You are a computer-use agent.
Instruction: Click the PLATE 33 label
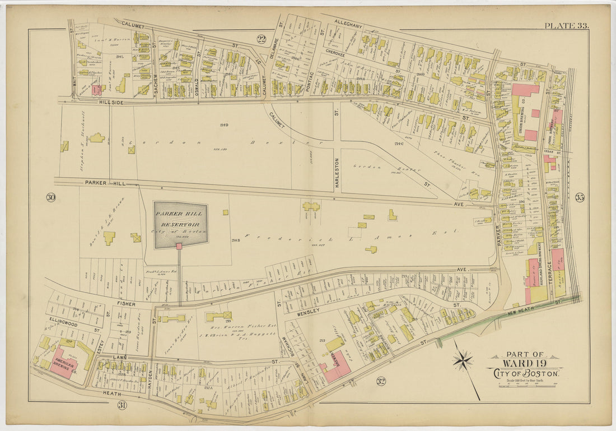click(566, 26)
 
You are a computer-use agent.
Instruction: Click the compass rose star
click(463, 360)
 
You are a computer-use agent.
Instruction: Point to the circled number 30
click(51, 197)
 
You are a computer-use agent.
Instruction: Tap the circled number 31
click(121, 405)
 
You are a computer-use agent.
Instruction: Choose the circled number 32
click(381, 382)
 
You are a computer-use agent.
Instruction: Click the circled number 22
click(262, 39)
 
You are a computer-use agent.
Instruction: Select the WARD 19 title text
click(524, 363)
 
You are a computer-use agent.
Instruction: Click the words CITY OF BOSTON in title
click(524, 373)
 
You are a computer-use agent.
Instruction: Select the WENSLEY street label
click(308, 310)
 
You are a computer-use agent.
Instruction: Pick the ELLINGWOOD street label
click(62, 323)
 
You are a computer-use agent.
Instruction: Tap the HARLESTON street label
click(337, 173)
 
